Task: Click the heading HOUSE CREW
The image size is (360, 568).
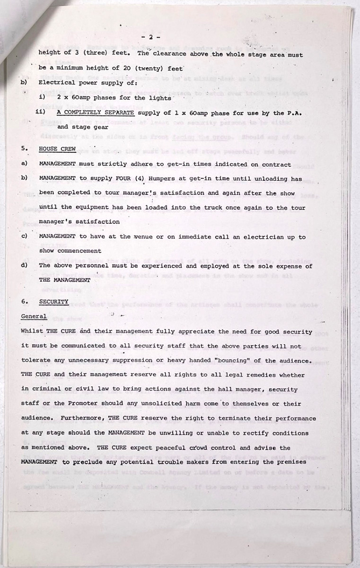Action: (54, 149)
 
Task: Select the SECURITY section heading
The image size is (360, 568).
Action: (53, 302)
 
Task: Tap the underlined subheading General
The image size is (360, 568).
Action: (34, 316)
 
